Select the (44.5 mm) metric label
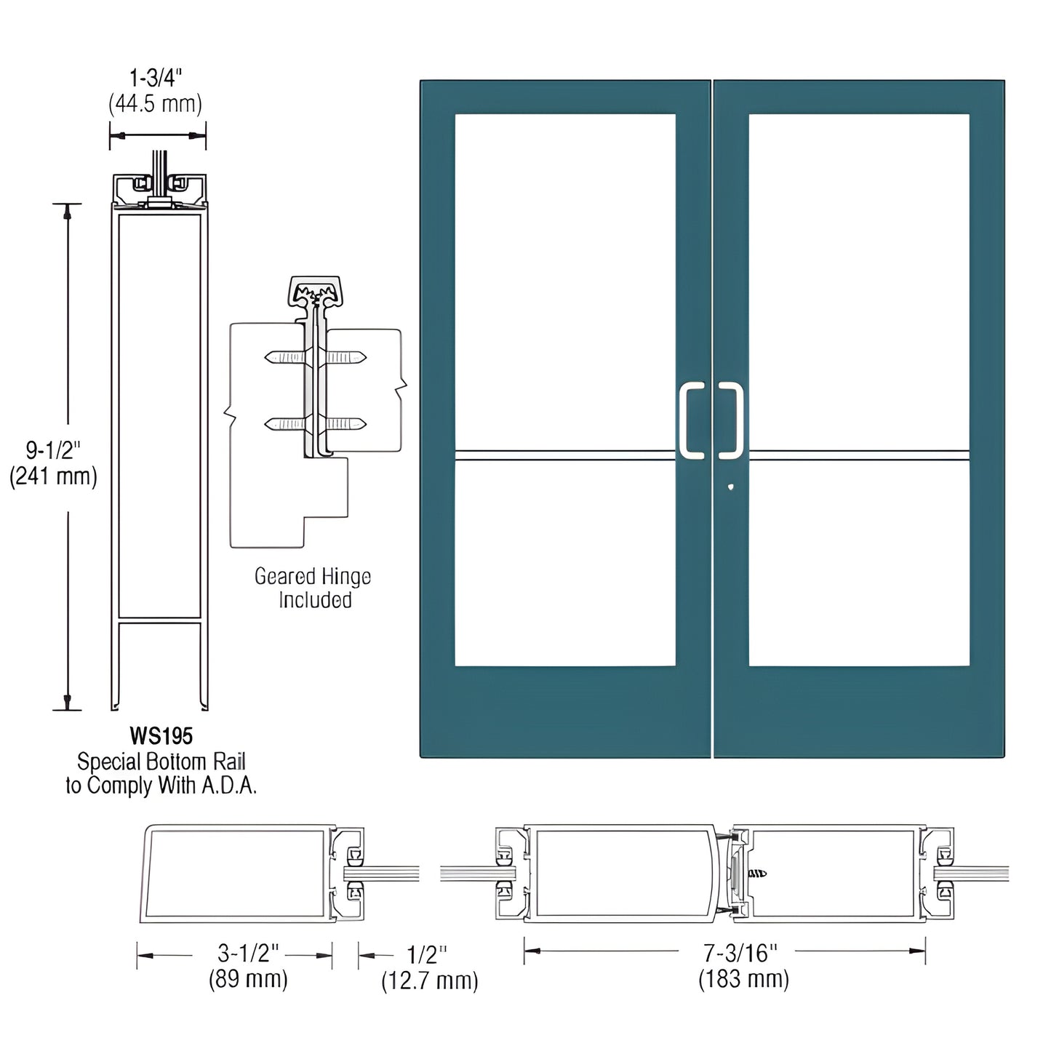coord(155,104)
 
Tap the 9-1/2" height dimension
coord(53,450)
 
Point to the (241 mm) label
coord(53,476)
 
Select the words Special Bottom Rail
coord(161,762)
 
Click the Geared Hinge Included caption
coord(313,588)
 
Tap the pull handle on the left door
coord(692,421)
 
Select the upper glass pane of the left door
coord(565,280)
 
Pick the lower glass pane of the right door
coord(859,564)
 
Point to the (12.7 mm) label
coord(430,980)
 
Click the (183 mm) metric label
coord(743,979)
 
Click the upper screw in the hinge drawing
coord(316,357)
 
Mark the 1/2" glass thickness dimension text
coord(427,954)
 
